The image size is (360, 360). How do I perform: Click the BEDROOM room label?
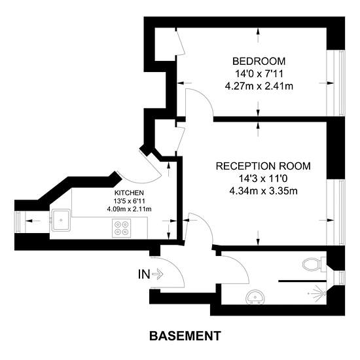point(259,62)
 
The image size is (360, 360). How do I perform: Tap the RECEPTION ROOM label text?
point(263,166)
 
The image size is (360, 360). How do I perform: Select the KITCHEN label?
point(129,192)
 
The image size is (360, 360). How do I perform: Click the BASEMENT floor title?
point(185,336)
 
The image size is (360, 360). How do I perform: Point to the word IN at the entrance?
point(144,274)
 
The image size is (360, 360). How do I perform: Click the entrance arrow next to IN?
point(158,274)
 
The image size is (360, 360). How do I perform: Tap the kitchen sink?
point(61,220)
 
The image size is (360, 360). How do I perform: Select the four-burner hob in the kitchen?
point(122,228)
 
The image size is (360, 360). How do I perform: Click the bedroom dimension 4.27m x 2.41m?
point(259,86)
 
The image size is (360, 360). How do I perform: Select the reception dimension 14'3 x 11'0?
point(263,179)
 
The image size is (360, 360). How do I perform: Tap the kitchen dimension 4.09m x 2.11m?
point(129,209)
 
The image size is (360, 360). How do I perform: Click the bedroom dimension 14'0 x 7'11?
point(259,74)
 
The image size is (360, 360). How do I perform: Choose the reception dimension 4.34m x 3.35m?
point(263,190)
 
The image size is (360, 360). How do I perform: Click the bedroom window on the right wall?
point(336,82)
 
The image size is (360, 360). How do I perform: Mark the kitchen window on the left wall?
point(20,222)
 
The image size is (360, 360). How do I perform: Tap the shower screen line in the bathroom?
point(302,281)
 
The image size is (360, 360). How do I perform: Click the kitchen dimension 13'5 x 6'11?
point(129,201)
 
